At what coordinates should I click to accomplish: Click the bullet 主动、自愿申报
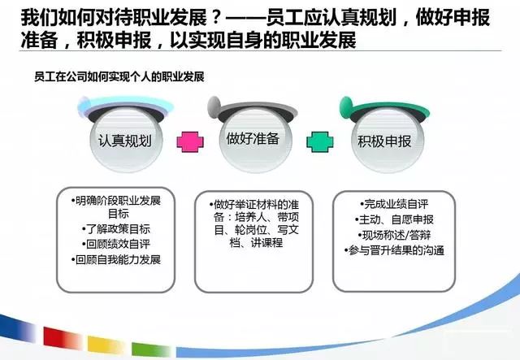[x=395, y=219]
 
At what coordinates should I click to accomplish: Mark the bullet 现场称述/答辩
[x=394, y=234]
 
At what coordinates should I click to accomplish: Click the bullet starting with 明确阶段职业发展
[x=117, y=201]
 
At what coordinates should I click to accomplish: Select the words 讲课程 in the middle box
[x=265, y=242]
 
